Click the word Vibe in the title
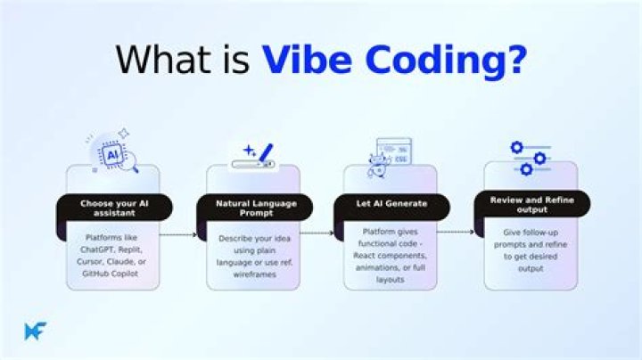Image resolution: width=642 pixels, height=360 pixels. [307, 60]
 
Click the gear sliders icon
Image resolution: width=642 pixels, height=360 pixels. [531, 158]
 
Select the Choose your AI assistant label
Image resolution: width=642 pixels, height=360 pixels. [114, 208]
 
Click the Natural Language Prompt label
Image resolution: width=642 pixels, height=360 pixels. [256, 208]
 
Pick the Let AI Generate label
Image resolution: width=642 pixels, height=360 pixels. [391, 204]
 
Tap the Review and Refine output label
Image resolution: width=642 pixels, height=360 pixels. [532, 205]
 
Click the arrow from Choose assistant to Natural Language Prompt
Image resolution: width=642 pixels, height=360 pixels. [178, 235]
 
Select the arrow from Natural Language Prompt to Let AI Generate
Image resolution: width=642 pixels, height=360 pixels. [317, 233]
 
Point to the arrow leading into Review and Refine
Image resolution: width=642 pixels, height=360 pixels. [456, 232]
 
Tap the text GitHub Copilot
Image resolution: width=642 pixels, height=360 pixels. [111, 274]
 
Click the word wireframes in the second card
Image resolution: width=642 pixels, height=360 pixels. [255, 274]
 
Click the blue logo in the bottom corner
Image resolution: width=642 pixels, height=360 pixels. [35, 331]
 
